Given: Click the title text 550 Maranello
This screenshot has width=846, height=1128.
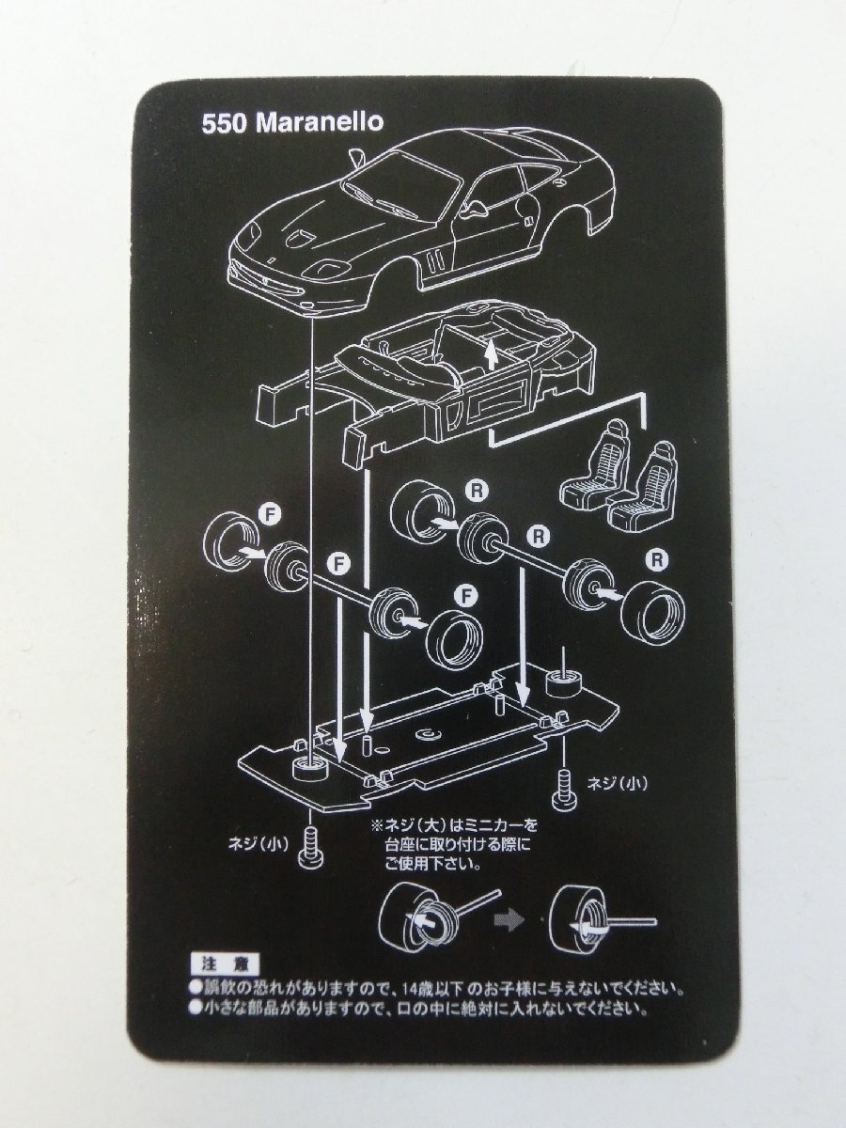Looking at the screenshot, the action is click(292, 123).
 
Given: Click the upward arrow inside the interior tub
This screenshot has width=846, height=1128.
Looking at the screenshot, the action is click(492, 354).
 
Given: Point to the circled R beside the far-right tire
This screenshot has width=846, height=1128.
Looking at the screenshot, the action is click(657, 560).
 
